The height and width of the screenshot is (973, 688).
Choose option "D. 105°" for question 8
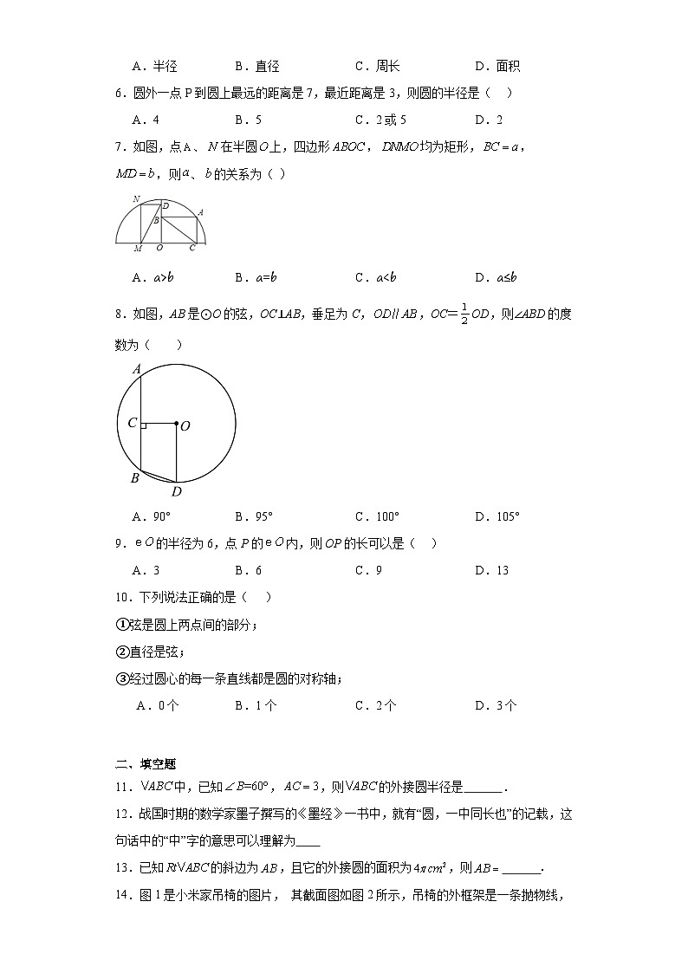point(497,517)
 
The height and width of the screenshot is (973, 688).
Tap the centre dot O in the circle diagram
point(176,424)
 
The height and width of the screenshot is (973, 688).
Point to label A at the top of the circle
point(137,369)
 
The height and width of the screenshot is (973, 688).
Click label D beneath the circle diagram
point(176,492)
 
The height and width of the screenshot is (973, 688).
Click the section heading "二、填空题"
point(146,764)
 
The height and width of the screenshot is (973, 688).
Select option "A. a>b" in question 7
point(153,278)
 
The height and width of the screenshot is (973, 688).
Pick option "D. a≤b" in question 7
point(496,278)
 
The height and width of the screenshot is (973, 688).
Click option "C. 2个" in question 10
point(375,706)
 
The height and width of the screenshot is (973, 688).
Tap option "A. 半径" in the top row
point(154,67)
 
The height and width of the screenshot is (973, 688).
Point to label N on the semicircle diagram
point(136,199)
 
